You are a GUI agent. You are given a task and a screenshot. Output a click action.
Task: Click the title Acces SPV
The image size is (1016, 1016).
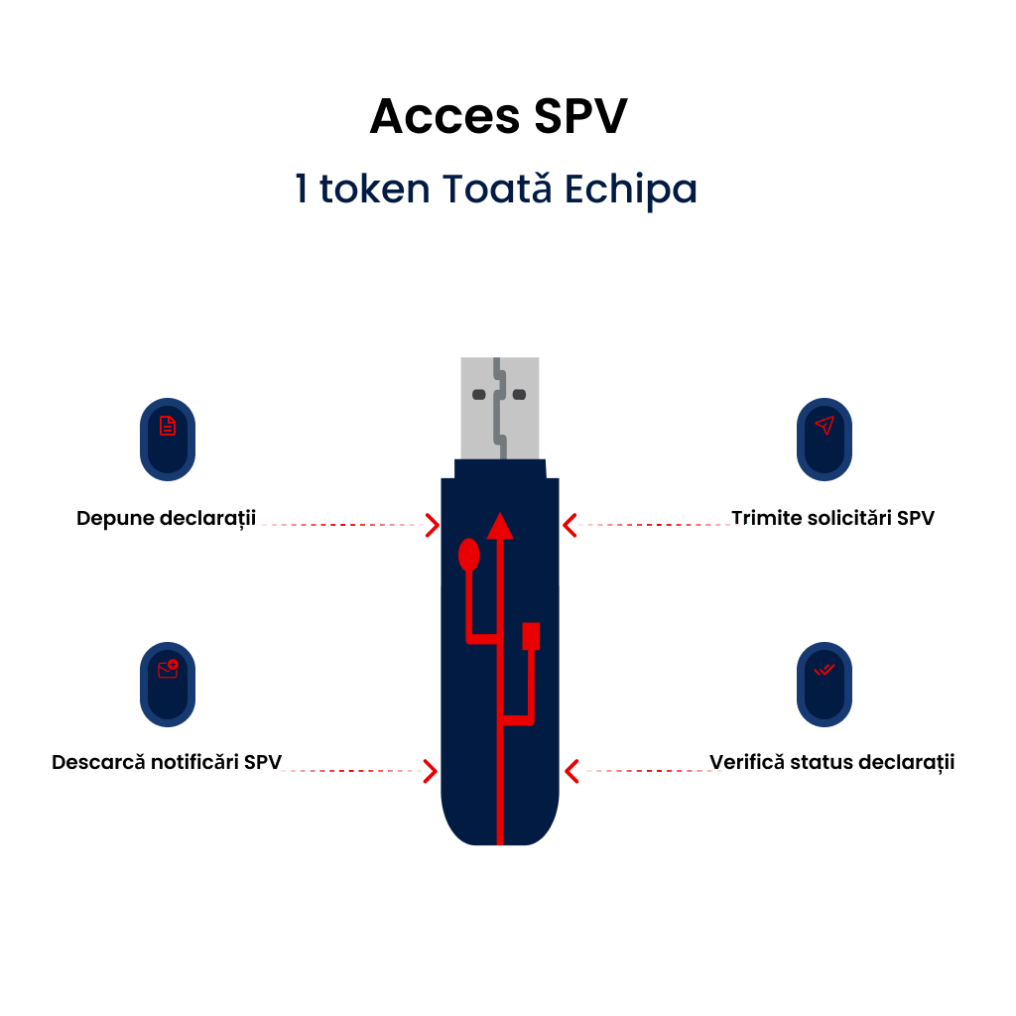click(498, 117)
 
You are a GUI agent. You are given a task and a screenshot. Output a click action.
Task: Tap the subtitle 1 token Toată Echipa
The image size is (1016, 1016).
click(496, 189)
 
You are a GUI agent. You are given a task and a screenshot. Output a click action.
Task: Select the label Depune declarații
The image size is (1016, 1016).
click(167, 518)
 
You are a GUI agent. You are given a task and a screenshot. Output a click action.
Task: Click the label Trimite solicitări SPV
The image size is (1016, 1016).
click(832, 518)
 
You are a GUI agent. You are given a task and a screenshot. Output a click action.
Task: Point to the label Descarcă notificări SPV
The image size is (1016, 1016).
click(167, 762)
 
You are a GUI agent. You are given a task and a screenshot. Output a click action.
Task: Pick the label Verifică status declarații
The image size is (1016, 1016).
click(831, 762)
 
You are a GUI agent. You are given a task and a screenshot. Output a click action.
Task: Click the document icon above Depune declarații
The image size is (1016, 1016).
click(168, 427)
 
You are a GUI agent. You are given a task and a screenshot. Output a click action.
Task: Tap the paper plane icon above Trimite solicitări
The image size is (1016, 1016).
click(825, 426)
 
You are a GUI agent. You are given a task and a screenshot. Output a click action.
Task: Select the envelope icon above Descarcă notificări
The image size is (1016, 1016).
click(168, 670)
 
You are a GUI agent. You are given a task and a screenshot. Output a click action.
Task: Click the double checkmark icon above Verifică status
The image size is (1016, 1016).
click(825, 670)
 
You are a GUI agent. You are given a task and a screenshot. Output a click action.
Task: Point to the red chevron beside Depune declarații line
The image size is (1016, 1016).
click(432, 525)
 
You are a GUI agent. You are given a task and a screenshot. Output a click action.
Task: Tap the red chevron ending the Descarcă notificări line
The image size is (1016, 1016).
click(431, 770)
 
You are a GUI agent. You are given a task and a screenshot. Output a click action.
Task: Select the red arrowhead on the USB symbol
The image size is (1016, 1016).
click(500, 525)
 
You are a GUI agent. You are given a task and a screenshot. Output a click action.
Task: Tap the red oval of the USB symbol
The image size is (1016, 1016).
click(469, 556)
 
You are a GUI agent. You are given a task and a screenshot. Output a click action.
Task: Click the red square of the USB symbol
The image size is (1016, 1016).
click(531, 635)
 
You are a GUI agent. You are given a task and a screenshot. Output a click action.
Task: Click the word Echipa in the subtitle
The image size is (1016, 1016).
click(631, 189)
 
